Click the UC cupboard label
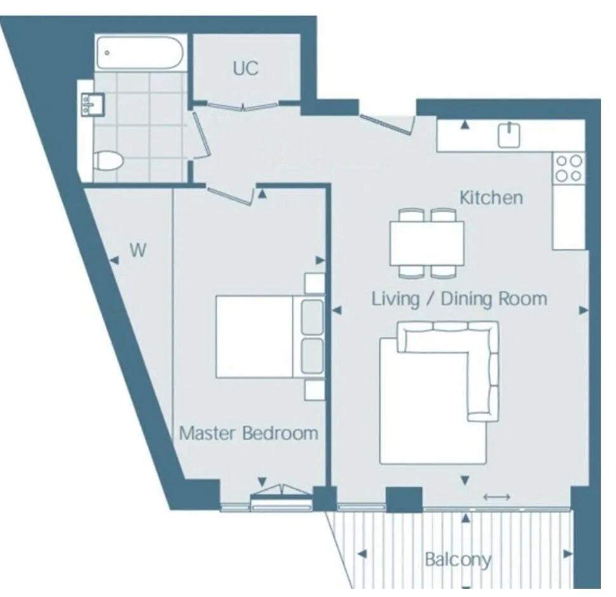246,68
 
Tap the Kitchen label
491,197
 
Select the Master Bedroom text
248,433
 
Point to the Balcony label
458,560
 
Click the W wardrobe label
138,250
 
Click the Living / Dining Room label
459,299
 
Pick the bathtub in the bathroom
140,53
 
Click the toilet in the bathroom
108,161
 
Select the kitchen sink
509,134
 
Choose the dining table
427,244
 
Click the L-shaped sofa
449,372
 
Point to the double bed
270,337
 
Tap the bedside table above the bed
315,283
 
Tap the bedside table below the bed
315,390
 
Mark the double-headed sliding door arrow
497,497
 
